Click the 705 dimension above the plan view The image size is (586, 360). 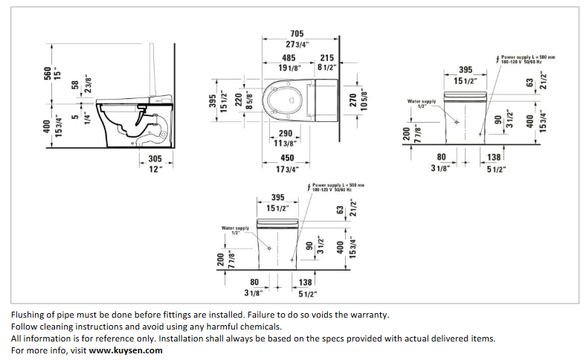tap(296, 33)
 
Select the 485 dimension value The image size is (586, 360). tap(289, 57)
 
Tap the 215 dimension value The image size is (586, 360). tap(326, 57)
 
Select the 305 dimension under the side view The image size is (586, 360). tap(155, 158)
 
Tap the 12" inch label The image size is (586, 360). tap(155, 169)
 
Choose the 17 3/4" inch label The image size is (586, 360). tap(287, 170)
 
